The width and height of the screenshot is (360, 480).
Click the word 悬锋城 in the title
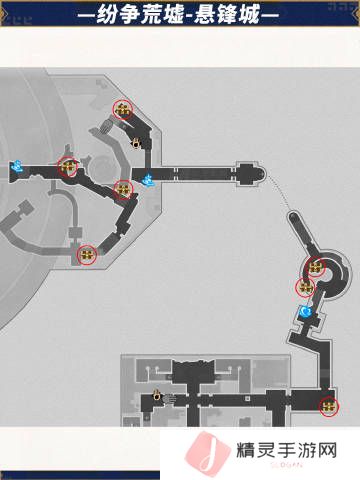coord(227,15)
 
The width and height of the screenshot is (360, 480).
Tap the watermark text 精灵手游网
coord(287,450)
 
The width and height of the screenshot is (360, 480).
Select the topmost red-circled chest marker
coord(123,109)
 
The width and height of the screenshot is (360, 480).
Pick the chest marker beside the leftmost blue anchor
coord(68,166)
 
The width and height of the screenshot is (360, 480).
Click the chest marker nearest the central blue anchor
coord(123,189)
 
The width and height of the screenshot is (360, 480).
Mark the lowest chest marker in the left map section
coord(87,255)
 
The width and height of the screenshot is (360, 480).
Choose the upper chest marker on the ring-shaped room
coord(315,267)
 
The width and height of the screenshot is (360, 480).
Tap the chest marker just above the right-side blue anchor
coord(305,287)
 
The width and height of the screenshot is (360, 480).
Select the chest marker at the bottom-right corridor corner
coord(329,406)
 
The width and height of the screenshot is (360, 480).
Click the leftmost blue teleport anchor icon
coord(16,166)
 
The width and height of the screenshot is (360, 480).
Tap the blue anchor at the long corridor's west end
coord(147,180)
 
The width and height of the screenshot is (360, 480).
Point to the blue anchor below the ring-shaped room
coord(305,312)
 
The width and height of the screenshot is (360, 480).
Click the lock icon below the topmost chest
coord(136,143)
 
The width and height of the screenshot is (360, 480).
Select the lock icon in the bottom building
coord(156,395)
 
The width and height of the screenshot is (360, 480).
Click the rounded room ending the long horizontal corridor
coord(251,174)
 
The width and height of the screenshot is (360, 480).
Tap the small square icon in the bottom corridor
coord(247,399)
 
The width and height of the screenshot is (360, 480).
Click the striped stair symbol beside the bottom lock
coord(170,399)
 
